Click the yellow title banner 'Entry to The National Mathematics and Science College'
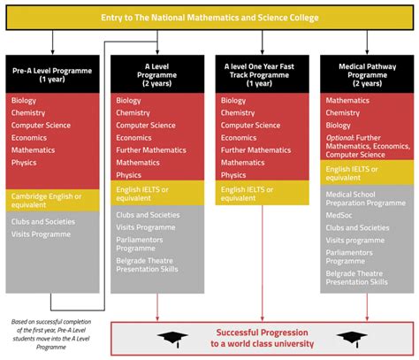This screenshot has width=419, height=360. click(209, 18)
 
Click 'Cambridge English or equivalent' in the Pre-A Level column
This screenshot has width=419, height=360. click(47, 200)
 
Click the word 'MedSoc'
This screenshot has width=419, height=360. click(340, 216)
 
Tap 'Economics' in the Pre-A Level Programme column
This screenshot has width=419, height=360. click(31, 138)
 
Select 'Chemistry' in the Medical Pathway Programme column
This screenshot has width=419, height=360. click(343, 113)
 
